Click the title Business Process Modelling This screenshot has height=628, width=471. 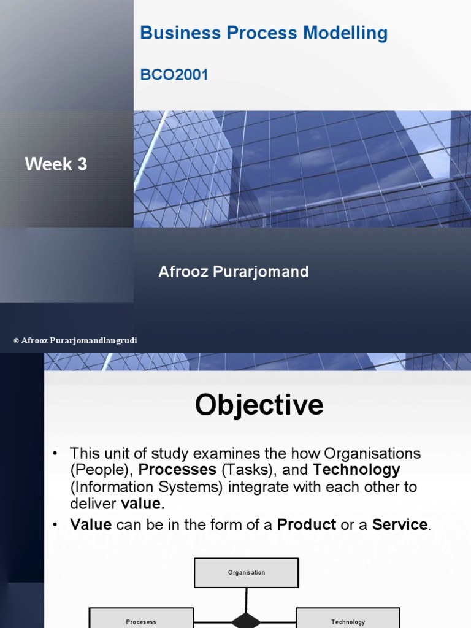264,33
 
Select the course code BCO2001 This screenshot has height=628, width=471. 174,75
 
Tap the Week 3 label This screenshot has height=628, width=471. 56,164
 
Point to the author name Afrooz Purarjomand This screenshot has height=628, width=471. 233,272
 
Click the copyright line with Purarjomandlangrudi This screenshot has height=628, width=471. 75,340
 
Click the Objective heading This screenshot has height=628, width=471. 259,405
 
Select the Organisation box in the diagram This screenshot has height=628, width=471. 247,573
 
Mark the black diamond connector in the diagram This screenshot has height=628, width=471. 247,621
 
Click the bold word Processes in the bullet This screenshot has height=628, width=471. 177,470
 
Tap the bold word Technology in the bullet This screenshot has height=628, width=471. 356,470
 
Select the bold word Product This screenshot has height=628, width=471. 307,525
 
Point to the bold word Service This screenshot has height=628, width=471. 400,525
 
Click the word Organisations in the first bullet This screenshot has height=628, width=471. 372,454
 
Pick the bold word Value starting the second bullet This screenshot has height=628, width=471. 91,525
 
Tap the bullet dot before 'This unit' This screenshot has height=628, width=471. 55,454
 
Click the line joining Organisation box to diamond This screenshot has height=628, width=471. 247,599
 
